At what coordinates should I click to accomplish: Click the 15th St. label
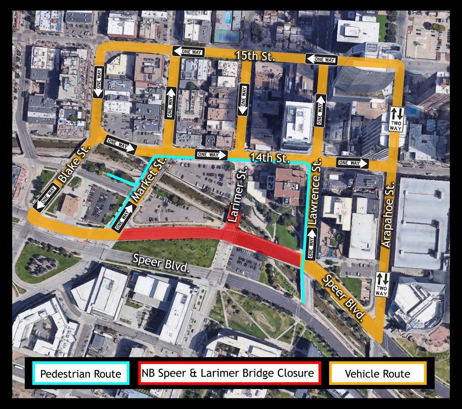click(255, 56)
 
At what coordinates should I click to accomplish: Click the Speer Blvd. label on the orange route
click(343, 297)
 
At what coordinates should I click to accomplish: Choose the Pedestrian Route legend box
click(81, 374)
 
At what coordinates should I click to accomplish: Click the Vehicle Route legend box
click(377, 374)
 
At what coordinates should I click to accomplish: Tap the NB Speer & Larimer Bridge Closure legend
click(229, 373)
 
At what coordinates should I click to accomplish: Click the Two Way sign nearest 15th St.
click(396, 119)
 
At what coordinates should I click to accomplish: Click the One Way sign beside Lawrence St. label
click(311, 244)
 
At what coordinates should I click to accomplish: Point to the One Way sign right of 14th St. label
click(352, 163)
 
